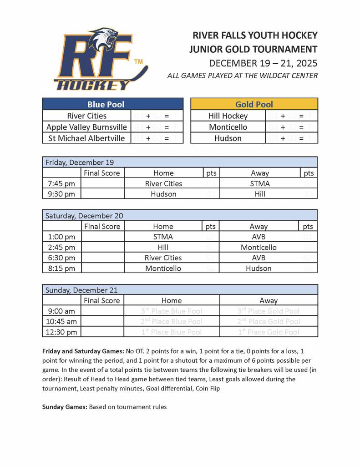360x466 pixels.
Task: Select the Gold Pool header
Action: [x=254, y=104]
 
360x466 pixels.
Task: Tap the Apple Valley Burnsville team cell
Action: [x=86, y=127]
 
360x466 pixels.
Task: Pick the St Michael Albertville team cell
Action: [x=86, y=138]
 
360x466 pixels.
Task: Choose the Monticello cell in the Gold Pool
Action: [x=228, y=127]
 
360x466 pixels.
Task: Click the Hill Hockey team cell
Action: [x=228, y=116]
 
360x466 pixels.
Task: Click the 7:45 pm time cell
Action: [x=61, y=183]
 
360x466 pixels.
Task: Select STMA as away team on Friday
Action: [x=260, y=183]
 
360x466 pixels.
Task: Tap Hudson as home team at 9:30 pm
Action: [x=163, y=194]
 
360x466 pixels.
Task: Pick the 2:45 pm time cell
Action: [x=61, y=247]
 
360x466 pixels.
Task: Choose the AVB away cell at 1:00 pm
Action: [x=259, y=237]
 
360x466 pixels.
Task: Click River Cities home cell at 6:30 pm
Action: [x=163, y=258]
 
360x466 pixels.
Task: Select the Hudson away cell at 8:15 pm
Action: [x=259, y=268]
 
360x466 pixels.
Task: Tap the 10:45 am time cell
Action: [x=61, y=321]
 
